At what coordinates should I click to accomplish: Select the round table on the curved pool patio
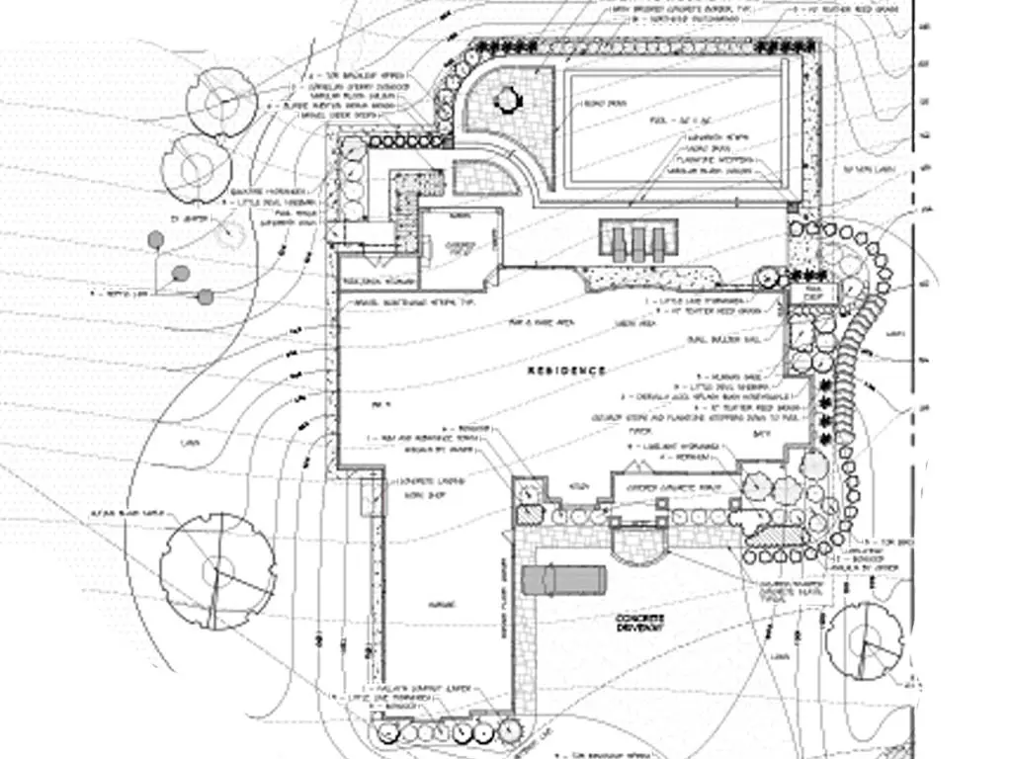coord(507,99)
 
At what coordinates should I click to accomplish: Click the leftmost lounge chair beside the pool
coord(619,242)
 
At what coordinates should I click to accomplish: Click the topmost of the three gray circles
coord(155,238)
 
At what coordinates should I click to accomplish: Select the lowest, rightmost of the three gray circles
coord(205,296)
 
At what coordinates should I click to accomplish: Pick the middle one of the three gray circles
coord(180,273)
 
